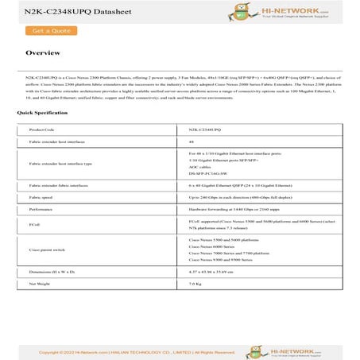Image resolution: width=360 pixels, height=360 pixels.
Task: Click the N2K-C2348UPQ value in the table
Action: tap(205, 128)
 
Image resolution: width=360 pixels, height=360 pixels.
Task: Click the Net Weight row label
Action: tap(39, 283)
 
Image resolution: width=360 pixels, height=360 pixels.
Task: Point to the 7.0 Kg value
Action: tap(195, 283)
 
